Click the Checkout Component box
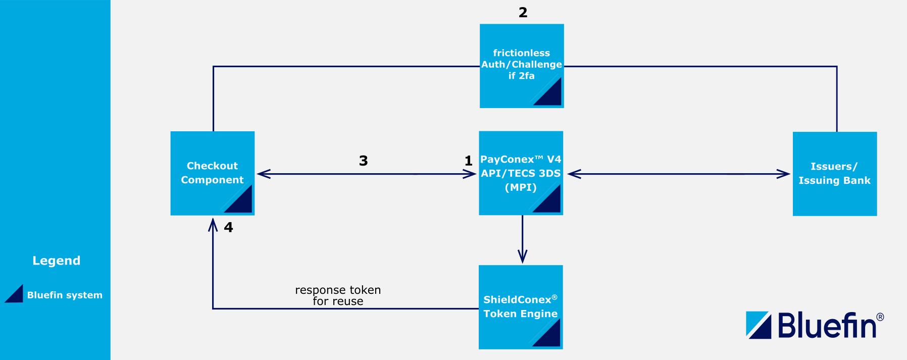pos(212,173)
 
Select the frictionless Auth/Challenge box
pos(521,66)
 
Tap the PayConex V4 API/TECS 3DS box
pos(521,173)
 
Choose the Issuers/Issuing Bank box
pos(834,174)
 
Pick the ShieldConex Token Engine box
pos(520,306)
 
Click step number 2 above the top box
pos(523,13)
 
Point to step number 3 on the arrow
pos(363,161)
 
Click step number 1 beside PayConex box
pos(468,161)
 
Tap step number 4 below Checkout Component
pos(228,228)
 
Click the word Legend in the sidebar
pos(56,261)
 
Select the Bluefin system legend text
pos(65,295)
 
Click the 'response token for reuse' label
pos(338,295)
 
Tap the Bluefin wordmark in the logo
pos(827,325)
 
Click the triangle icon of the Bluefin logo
pos(759,325)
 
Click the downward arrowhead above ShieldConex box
pos(523,256)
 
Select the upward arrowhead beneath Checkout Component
pos(213,225)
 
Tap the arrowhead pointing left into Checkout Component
pos(264,174)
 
